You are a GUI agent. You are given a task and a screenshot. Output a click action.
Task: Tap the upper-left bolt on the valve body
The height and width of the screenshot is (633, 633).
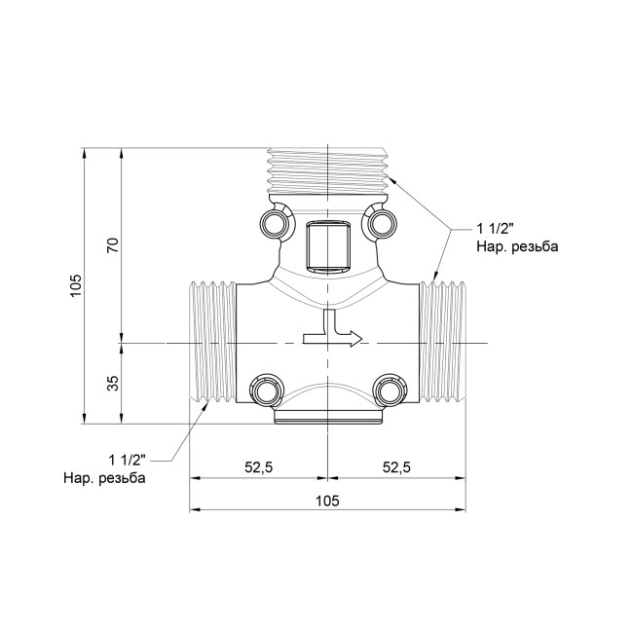275,224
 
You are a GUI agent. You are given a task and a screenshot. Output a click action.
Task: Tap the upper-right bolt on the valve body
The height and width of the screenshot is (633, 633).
380,224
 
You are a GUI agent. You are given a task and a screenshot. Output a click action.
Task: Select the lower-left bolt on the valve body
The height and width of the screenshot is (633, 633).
265,391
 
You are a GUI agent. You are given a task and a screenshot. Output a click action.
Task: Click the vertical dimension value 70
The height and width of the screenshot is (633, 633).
112,245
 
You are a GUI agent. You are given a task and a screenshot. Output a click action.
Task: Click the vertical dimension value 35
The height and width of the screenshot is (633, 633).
112,383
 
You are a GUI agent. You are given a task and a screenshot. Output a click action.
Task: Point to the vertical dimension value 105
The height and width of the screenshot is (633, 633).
76,286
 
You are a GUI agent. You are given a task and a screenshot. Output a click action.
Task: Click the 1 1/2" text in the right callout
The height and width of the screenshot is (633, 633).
496,230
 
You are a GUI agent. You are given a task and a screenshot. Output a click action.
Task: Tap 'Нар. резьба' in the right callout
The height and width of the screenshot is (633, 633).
516,247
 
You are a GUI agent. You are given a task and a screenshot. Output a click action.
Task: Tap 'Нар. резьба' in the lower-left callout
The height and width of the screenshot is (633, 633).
104,478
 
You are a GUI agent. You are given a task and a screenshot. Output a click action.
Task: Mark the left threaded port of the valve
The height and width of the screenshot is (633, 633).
211,343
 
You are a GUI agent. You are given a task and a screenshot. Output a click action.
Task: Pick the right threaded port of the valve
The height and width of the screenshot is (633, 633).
443,343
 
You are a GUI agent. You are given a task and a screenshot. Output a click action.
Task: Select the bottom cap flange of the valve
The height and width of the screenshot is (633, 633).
327,418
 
